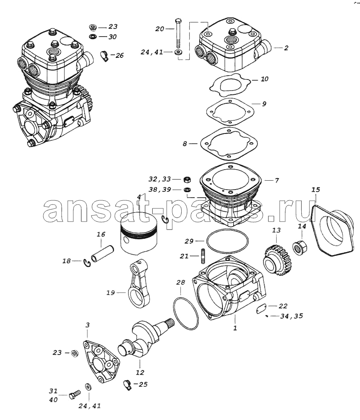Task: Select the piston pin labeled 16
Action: [103, 253]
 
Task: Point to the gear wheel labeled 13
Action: [277, 260]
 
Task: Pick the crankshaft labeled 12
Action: [146, 339]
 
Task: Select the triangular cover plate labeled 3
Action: [101, 361]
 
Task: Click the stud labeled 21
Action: [203, 256]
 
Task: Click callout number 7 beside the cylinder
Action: [277, 180]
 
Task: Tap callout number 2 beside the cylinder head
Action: [286, 48]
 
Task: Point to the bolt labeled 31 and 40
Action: [74, 395]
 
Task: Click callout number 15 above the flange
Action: [316, 190]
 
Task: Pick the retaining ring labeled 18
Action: [87, 263]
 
